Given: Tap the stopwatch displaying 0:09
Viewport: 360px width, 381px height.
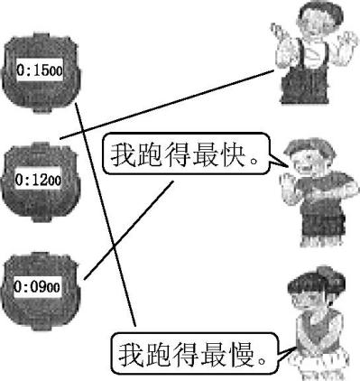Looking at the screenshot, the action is tap(42, 287).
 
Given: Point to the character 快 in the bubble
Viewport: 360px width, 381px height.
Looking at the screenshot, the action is tap(243, 156).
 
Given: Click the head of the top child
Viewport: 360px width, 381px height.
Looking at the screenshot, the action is tap(305, 27).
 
